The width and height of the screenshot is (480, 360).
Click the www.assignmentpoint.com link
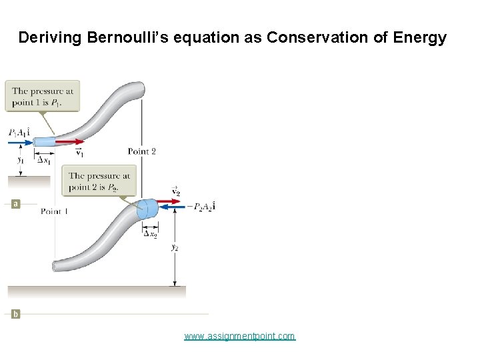[x=239, y=336]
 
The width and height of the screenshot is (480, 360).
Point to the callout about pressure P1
[x=41, y=96]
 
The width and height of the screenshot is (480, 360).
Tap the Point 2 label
[x=141, y=151]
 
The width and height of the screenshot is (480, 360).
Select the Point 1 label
[x=54, y=211]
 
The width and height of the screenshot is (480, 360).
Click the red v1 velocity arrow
[x=70, y=141]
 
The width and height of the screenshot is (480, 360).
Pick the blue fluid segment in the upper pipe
[x=44, y=141]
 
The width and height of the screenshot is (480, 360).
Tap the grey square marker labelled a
[x=15, y=204]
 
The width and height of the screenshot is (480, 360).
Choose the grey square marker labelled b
[x=15, y=313]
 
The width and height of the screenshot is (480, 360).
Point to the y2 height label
[x=175, y=247]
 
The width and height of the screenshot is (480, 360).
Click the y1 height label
[x=21, y=159]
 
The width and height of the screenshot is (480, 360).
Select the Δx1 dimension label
[x=45, y=159]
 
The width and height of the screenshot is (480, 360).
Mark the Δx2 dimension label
[x=151, y=233]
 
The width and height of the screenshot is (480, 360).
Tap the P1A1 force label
[x=19, y=133]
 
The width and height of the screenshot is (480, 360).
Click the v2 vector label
[x=176, y=191]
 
